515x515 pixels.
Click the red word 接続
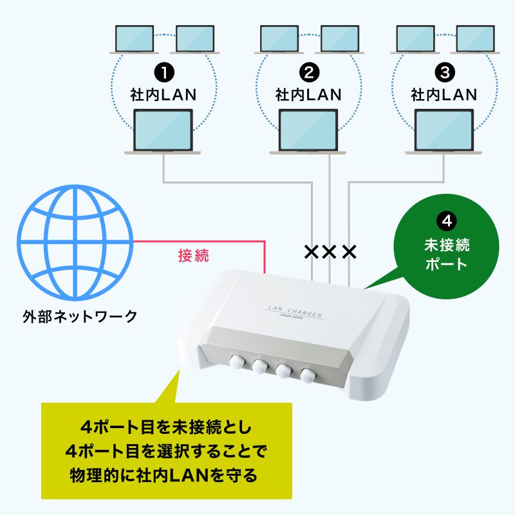click(x=193, y=256)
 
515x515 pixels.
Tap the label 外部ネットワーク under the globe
click(x=79, y=316)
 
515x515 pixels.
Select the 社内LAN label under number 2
click(x=308, y=95)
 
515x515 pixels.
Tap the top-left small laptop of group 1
click(x=134, y=39)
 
